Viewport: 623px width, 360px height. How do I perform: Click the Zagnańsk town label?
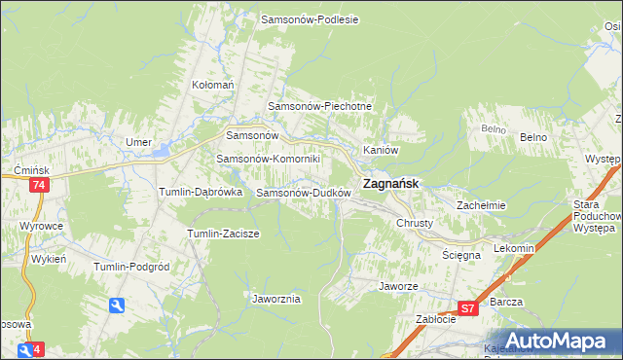(x=391, y=182)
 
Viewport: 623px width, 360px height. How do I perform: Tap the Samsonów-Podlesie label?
(x=310, y=19)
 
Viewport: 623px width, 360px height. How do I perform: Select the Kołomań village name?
(x=213, y=85)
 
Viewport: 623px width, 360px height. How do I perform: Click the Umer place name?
(x=138, y=142)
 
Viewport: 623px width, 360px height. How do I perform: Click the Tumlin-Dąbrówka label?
(x=200, y=193)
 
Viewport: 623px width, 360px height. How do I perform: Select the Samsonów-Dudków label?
(x=303, y=193)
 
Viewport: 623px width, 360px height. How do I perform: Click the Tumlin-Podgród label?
(x=131, y=267)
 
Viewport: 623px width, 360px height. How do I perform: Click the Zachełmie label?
(x=481, y=205)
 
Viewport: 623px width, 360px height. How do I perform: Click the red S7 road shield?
(x=468, y=308)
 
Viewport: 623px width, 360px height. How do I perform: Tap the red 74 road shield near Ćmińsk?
(x=38, y=185)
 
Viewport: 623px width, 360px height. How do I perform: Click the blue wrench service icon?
(x=117, y=306)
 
